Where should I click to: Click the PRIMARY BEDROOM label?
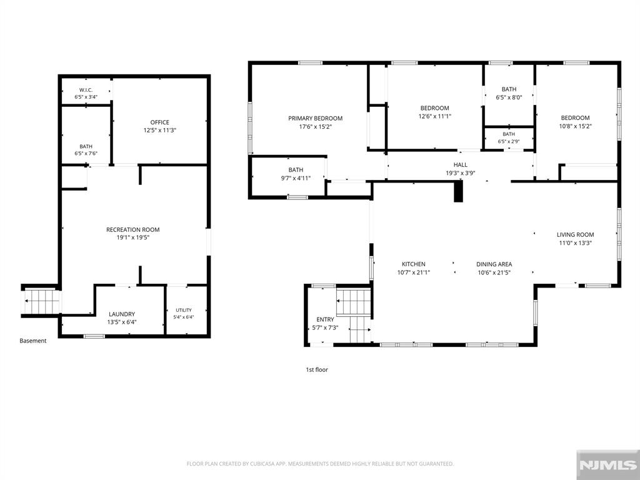(x=315, y=118)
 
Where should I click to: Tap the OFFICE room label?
(x=159, y=122)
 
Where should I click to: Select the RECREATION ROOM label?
(x=133, y=230)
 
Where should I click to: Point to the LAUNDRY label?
(x=122, y=314)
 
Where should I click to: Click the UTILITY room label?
(x=184, y=310)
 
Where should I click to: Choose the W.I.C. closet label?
(x=86, y=90)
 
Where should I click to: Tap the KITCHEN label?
(x=414, y=264)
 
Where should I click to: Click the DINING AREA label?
(x=494, y=264)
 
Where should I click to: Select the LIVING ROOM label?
(x=575, y=235)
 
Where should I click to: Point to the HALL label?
(x=461, y=165)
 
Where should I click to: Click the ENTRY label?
(x=325, y=319)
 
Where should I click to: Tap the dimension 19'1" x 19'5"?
(x=133, y=237)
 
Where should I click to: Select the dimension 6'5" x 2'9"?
(x=509, y=142)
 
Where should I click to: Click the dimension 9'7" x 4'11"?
(x=296, y=178)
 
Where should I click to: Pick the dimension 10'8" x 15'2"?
(x=575, y=126)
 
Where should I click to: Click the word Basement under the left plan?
(x=33, y=341)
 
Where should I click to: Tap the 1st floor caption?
(x=317, y=370)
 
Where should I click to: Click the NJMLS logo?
(x=607, y=465)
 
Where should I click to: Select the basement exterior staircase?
(x=41, y=301)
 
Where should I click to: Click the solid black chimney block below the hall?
(x=459, y=192)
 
